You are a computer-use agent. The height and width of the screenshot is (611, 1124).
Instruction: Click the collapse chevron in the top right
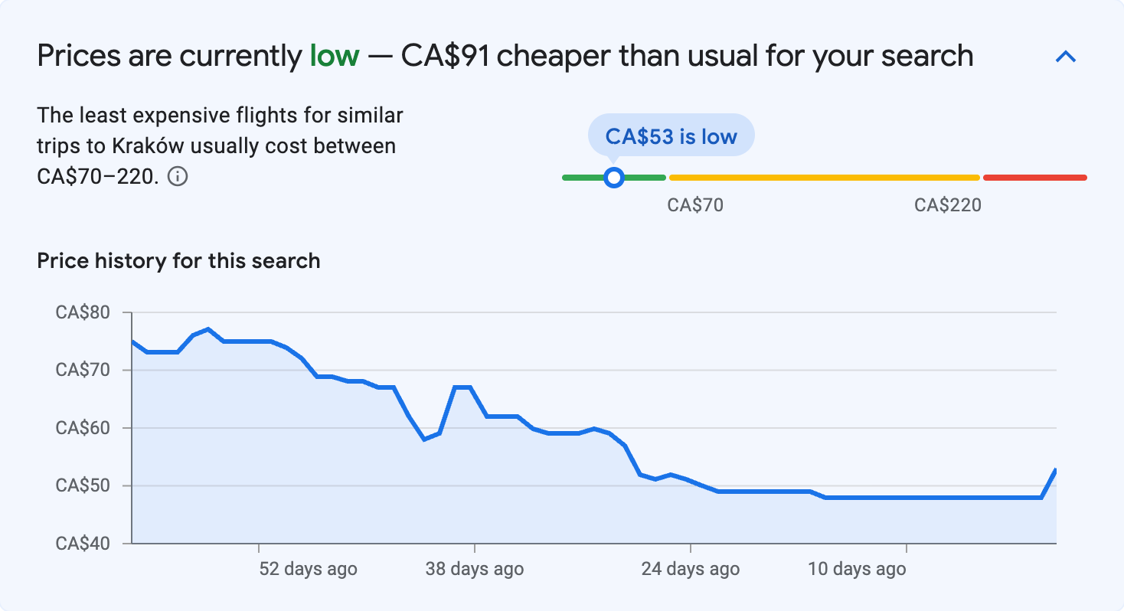coord(1066,57)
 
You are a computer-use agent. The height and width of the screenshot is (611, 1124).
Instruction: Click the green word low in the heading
coord(335,56)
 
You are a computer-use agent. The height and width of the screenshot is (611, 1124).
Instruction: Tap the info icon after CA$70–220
coord(178,177)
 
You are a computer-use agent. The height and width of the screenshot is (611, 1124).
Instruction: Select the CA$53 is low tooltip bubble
coord(671,137)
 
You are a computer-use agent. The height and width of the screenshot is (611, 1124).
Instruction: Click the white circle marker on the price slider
coord(613,178)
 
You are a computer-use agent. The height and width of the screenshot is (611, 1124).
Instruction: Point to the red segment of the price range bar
coord(1034,178)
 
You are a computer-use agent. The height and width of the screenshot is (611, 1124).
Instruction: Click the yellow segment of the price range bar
coord(824,178)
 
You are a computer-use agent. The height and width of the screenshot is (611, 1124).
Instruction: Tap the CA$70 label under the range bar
coord(695,205)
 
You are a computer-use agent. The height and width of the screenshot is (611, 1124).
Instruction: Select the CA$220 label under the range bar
coord(947,205)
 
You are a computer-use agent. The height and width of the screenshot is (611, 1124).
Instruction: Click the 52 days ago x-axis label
coord(309,569)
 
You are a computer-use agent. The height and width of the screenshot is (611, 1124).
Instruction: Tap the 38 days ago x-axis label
coord(475,569)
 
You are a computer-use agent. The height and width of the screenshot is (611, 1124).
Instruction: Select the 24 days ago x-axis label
coord(691,569)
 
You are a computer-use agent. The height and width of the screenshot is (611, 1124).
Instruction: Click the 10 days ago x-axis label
coord(857,569)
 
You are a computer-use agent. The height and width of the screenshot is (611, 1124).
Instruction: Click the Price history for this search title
coord(178,261)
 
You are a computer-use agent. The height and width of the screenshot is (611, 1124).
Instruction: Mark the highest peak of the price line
coord(208,329)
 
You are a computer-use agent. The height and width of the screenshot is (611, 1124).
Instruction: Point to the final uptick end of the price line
coord(1056,469)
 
